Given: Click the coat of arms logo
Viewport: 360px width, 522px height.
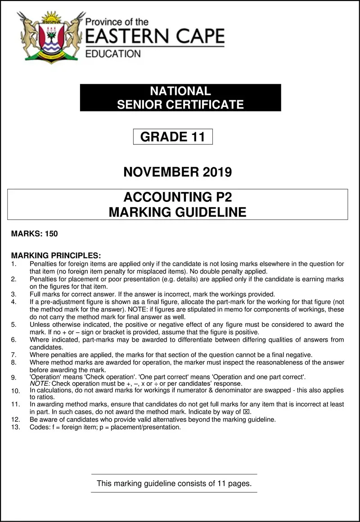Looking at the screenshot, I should tap(50, 36).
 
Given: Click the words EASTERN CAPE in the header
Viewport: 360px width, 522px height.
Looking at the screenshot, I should tap(154, 36).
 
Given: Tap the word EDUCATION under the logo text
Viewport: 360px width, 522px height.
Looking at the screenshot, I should tap(112, 54).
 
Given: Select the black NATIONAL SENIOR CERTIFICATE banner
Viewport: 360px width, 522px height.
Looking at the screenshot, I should tap(180, 98).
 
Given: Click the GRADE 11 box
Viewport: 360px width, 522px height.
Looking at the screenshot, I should tap(173, 137).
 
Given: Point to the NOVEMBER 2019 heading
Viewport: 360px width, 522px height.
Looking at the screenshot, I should tap(177, 172).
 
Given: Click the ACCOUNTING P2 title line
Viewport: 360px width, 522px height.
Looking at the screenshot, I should tap(177, 197).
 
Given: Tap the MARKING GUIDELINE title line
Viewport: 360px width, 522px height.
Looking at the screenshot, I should tap(177, 212).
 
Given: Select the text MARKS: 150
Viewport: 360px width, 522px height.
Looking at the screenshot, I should tap(35, 234).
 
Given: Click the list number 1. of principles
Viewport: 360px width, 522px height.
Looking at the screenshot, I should tap(13, 264).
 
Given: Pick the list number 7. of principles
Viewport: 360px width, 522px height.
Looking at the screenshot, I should tap(13, 355).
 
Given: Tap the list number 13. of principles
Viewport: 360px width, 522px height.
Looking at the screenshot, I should tap(15, 427).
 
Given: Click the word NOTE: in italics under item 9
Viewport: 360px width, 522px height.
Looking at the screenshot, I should tap(39, 384).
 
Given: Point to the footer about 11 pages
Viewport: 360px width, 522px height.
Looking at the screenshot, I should tap(174, 484).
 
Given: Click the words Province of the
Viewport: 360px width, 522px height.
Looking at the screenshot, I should tap(117, 22).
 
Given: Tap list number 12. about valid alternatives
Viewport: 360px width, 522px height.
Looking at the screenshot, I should tap(15, 420).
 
